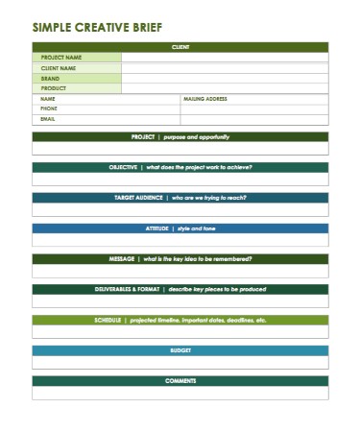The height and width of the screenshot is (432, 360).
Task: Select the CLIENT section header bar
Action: click(180, 46)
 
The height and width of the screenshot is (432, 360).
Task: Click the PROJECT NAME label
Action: click(60, 58)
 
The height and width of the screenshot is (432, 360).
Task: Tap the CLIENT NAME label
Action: click(59, 68)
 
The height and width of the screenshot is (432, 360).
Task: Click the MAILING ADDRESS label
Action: click(204, 99)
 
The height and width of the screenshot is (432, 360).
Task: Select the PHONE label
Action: click(49, 108)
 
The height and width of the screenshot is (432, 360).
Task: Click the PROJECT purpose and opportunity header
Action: click(180, 137)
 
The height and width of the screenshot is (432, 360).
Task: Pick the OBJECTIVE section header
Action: click(180, 167)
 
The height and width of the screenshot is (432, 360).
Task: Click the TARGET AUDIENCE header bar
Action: click(180, 197)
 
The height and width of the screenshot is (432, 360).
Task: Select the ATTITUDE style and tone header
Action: click(180, 228)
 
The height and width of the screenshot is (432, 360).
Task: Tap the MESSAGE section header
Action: click(180, 259)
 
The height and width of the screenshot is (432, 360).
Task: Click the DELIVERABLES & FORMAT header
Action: click(180, 289)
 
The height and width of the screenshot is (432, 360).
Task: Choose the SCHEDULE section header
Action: click(180, 320)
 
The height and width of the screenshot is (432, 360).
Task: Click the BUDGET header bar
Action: click(180, 350)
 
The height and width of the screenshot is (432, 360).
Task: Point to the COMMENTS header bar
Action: click(180, 381)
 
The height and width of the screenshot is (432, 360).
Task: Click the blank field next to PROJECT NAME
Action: click(225, 58)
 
